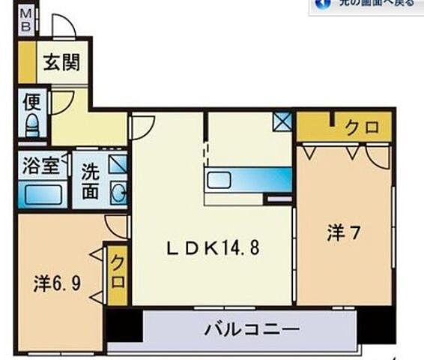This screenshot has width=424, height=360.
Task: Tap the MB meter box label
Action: click(x=25, y=19)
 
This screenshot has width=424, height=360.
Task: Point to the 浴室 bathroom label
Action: click(x=40, y=166)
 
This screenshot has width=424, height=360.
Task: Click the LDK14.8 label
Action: click(x=212, y=247)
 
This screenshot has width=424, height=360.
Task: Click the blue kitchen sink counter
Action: click(x=247, y=180)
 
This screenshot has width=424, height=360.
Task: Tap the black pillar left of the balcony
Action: click(x=124, y=325)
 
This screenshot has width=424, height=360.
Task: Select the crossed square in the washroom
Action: click(x=118, y=165)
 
